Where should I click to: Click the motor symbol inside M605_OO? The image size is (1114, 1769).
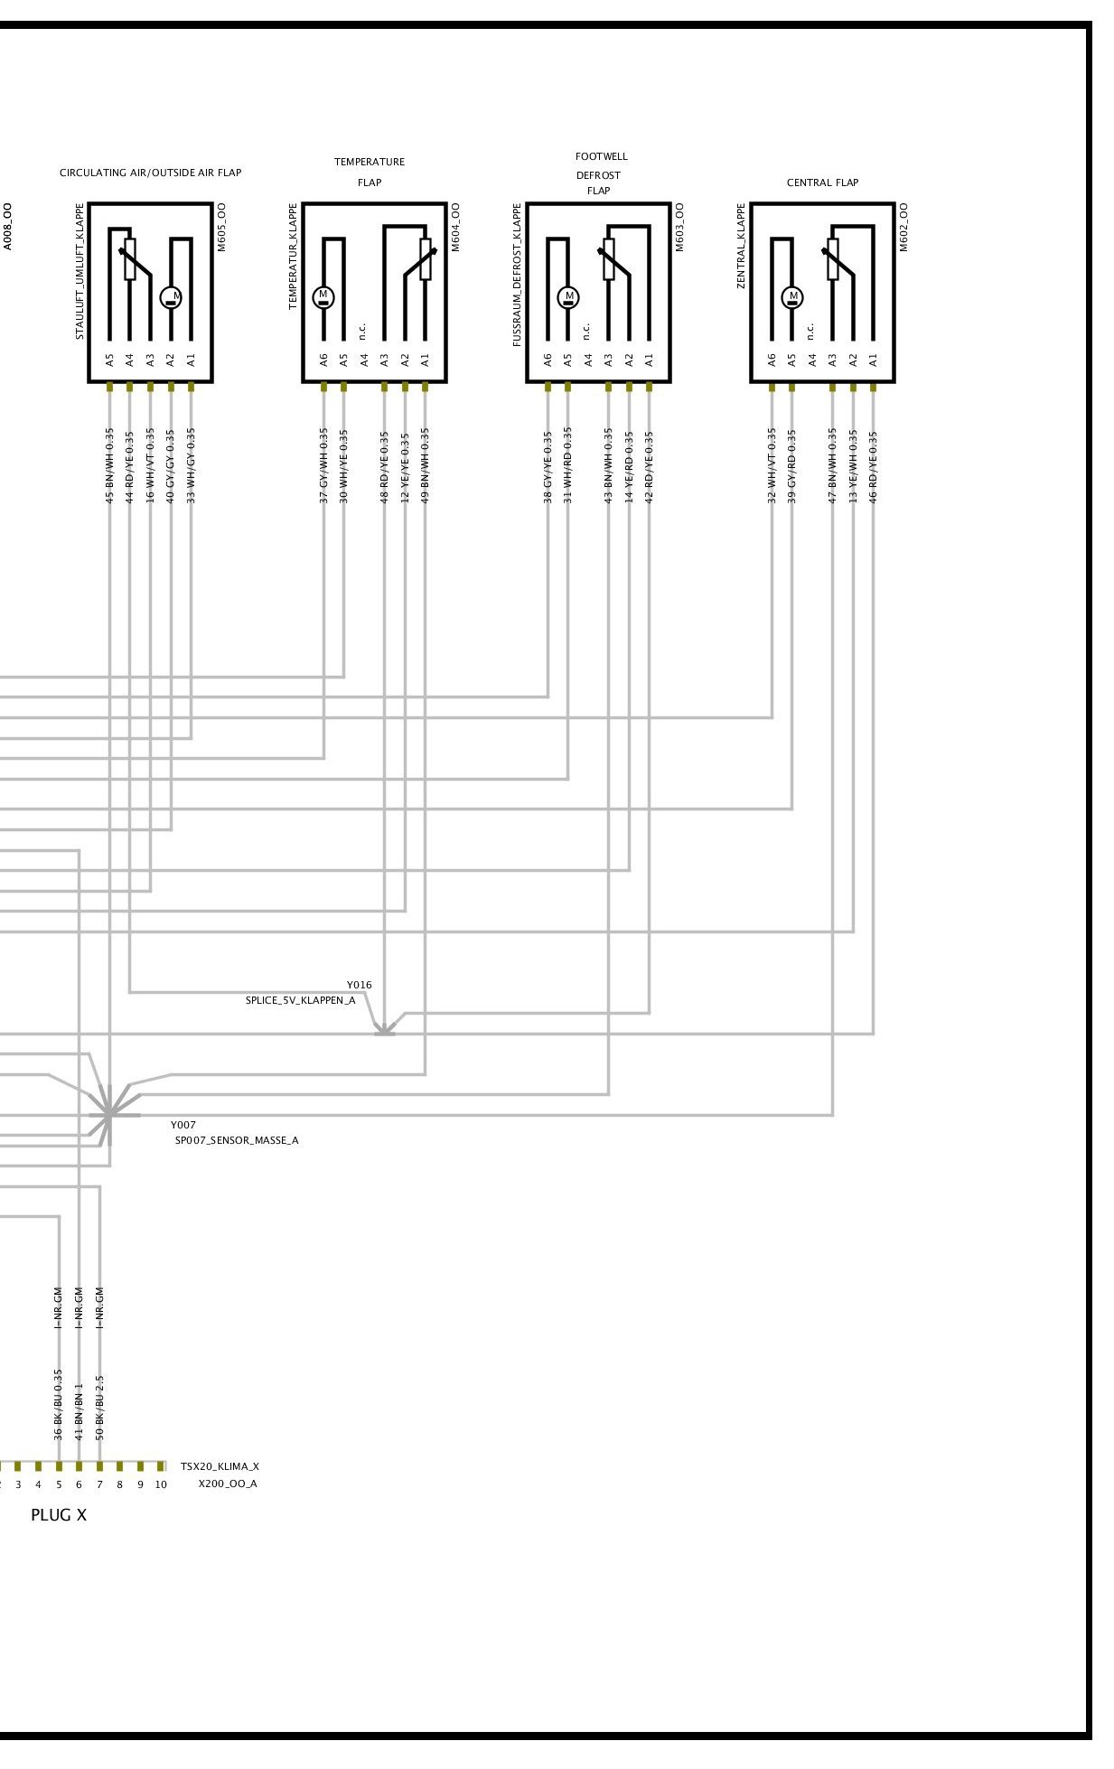172,296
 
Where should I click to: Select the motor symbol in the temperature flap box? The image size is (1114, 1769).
323,296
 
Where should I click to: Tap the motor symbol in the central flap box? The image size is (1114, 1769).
793,296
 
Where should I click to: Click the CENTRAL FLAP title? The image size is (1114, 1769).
822,183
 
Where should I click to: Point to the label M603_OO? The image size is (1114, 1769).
680,227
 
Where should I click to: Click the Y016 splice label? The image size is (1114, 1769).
359,985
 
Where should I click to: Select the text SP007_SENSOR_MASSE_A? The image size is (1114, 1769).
237,1140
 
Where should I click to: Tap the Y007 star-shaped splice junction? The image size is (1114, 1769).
108,1115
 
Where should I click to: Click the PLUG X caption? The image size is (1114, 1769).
59,1515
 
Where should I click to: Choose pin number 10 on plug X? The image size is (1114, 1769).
161,1484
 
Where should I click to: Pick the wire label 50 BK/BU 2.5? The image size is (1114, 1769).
99,1408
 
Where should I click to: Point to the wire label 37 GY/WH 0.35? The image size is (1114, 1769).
323,465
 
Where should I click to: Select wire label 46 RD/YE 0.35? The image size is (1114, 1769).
873,465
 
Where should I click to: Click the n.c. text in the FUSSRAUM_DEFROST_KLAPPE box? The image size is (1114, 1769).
587,332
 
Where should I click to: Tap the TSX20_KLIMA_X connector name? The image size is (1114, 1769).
220,1466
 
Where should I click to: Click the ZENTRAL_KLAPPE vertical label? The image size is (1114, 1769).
742,246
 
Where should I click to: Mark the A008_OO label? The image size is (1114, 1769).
8,226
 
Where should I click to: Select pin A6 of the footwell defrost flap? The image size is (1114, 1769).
548,360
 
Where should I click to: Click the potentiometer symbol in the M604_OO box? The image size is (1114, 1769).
425,259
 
